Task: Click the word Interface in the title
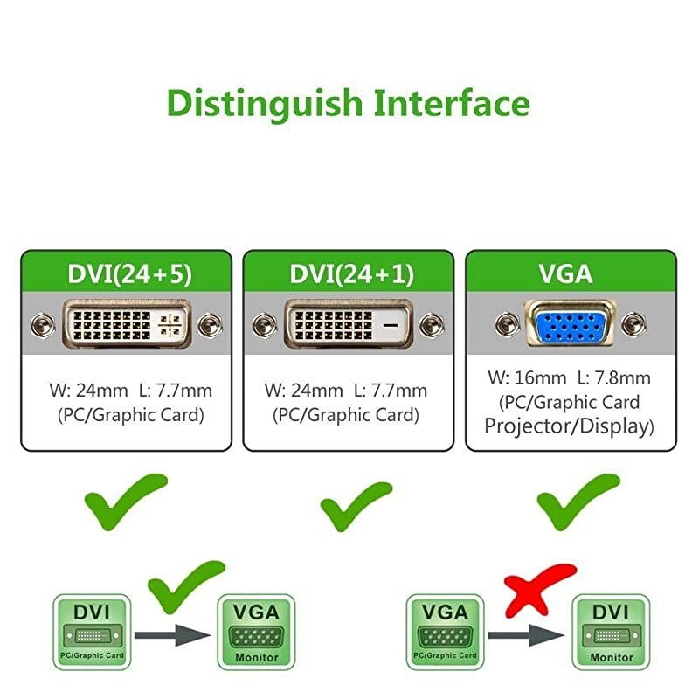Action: (452, 103)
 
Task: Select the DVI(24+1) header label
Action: (348, 273)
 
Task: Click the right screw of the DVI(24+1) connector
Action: (430, 326)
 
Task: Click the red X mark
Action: (539, 587)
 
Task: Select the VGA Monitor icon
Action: (256, 632)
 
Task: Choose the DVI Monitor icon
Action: (611, 632)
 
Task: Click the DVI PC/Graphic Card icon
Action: (92, 632)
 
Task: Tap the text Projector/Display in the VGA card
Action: (569, 426)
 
